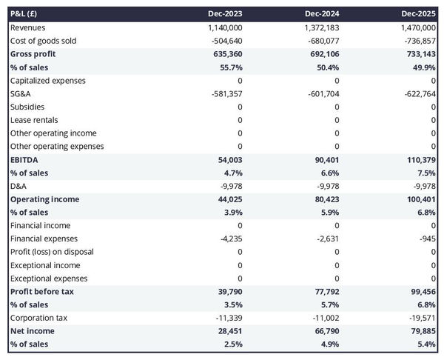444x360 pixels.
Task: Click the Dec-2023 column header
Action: pyautogui.click(x=226, y=14)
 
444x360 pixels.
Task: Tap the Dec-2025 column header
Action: pyautogui.click(x=419, y=14)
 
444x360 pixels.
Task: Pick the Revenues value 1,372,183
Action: pyautogui.click(x=319, y=27)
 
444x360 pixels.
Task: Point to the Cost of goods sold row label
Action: pyautogui.click(x=43, y=41)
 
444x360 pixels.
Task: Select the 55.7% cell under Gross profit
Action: pyautogui.click(x=229, y=67)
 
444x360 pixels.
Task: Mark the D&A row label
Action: pyautogui.click(x=18, y=186)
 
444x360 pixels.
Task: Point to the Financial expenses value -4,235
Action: pyautogui.click(x=230, y=239)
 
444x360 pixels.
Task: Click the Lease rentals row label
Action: pyautogui.click(x=34, y=120)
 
